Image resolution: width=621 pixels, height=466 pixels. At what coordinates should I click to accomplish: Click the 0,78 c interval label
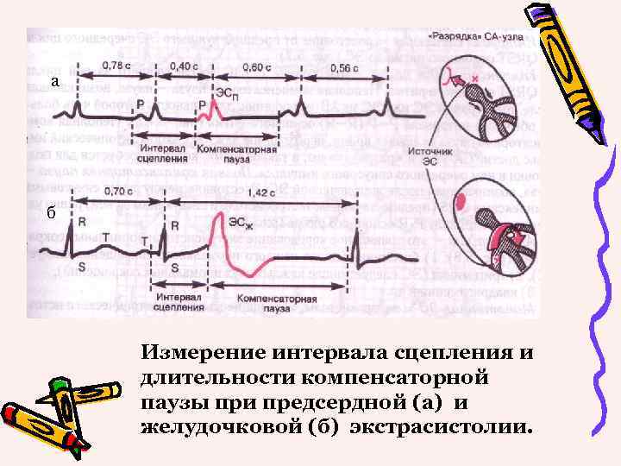(x=110, y=66)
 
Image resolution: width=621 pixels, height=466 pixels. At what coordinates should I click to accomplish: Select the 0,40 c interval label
(x=182, y=66)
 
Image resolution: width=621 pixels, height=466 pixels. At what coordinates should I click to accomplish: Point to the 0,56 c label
(x=343, y=66)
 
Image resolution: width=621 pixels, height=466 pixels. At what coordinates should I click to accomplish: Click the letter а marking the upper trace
(x=54, y=82)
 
